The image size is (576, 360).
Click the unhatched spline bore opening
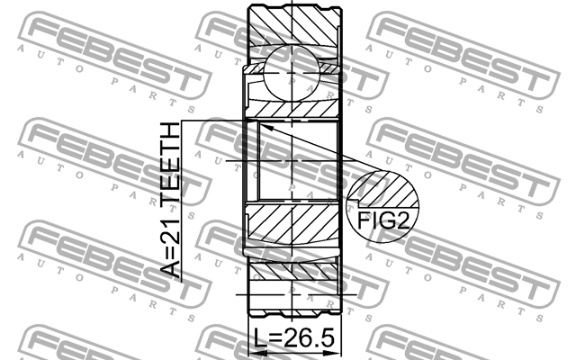(295, 162)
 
